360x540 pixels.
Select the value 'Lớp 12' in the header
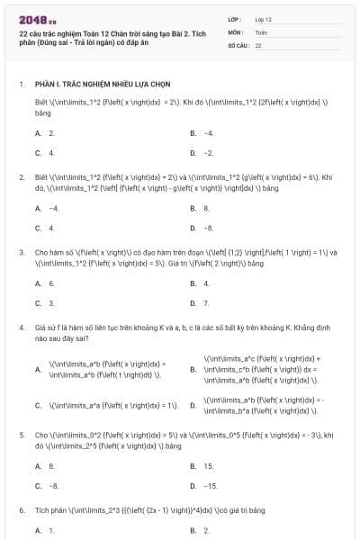coord(263,18)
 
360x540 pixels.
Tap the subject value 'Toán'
coord(260,31)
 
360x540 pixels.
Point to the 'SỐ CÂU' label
coord(238,44)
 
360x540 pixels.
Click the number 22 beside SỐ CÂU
coord(258,44)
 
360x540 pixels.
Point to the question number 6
coord(22,510)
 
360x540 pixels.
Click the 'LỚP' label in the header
coord(235,18)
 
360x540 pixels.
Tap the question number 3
coord(22,253)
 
